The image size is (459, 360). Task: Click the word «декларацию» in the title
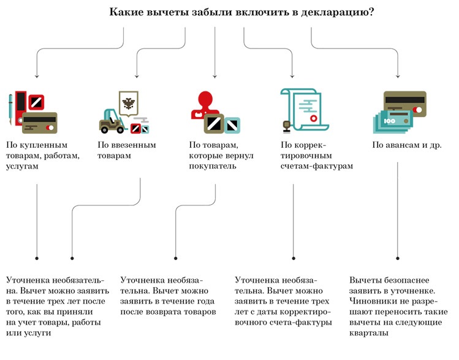(335, 12)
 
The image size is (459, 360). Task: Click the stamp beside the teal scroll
(286, 126)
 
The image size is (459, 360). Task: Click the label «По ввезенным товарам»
(127, 151)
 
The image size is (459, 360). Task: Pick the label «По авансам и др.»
(407, 146)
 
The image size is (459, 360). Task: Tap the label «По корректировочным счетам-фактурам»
(316, 156)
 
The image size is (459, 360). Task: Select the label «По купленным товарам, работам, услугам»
(43, 156)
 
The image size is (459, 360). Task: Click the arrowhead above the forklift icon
(137, 77)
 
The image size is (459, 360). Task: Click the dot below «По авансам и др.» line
(397, 259)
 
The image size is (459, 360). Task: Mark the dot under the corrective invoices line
(294, 259)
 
